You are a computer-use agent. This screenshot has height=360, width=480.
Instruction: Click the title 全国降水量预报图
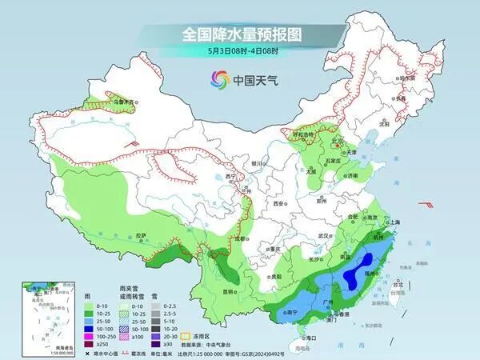tap(239, 34)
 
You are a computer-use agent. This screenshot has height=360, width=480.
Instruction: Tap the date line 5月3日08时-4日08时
tap(239, 51)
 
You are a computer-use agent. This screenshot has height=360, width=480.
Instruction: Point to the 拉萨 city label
tap(142, 235)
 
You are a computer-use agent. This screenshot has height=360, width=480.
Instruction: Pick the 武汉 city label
tap(324, 236)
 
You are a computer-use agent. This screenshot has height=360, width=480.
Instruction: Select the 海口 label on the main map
tap(303, 338)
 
